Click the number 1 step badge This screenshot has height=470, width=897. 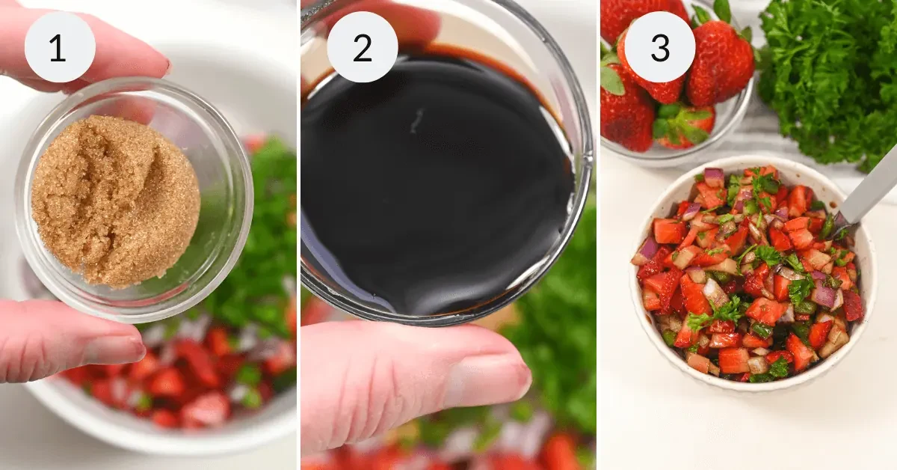60,47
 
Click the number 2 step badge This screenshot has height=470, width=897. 362,47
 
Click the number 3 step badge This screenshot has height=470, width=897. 659,47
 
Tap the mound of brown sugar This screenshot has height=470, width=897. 115,200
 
